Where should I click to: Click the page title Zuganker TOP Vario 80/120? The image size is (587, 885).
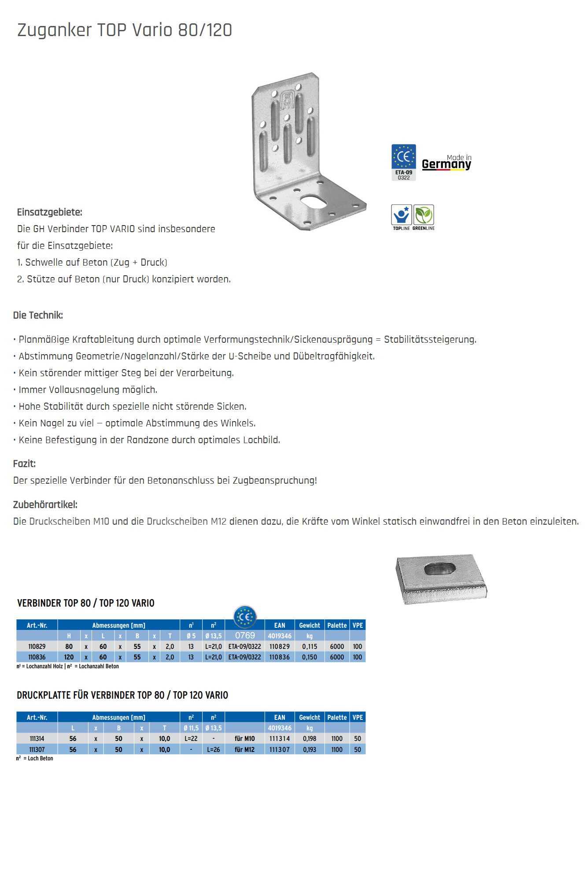pos(125,30)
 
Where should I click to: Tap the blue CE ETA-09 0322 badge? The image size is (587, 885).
pos(403,162)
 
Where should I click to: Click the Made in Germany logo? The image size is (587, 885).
pos(447,163)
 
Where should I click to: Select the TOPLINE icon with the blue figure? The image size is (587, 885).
pos(401,215)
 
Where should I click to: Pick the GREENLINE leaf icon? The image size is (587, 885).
pos(424,215)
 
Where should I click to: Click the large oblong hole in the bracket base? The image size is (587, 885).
pos(314,201)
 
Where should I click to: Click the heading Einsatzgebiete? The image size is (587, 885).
pos(50,212)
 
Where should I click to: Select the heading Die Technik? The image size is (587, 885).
pos(38,315)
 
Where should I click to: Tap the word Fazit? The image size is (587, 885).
pos(24,464)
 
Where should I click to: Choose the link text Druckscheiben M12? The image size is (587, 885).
pos(186,522)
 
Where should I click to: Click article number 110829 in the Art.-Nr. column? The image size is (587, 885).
pos(37,647)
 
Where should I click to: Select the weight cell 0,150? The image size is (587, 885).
pos(310,657)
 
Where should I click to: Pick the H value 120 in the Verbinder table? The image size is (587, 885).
pos(69,657)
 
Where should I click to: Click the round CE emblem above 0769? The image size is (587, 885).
pos(245,616)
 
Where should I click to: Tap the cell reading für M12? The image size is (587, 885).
pos(244,750)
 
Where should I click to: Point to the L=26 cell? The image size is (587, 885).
pos(214,750)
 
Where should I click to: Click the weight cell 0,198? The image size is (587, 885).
pos(310,739)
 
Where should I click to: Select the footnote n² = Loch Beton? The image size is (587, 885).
pos(35,759)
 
